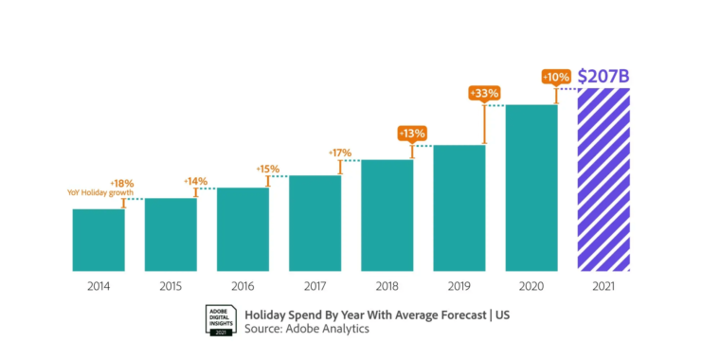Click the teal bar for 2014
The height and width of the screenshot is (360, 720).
(x=99, y=240)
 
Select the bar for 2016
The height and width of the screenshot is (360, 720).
(x=243, y=229)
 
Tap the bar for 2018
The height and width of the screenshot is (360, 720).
(x=387, y=215)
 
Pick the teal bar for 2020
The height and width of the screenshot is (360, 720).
(x=531, y=188)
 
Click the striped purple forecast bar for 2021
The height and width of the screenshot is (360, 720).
(x=603, y=180)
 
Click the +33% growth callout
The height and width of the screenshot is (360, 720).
(x=484, y=93)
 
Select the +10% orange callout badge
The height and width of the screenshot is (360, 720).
(x=555, y=76)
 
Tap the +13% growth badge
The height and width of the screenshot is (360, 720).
(x=412, y=134)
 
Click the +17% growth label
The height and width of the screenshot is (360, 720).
(x=339, y=153)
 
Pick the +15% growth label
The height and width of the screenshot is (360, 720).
(x=268, y=169)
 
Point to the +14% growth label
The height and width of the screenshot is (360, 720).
(x=195, y=180)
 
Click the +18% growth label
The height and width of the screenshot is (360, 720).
(x=123, y=183)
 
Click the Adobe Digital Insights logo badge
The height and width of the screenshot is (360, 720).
(x=221, y=320)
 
